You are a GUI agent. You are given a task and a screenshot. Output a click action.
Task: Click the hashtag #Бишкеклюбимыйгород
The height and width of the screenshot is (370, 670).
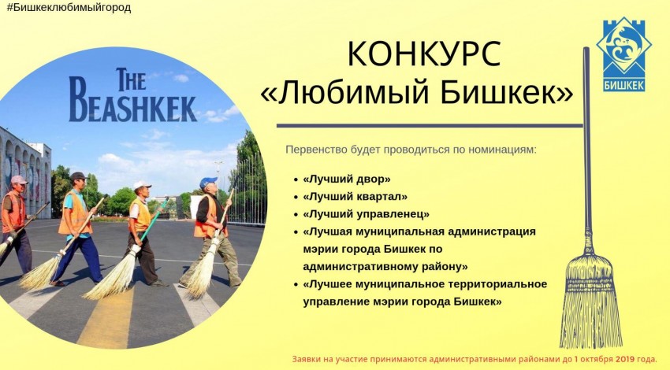tap(69, 8)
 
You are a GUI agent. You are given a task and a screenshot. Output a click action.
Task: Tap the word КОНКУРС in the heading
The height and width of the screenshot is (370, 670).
tap(424, 54)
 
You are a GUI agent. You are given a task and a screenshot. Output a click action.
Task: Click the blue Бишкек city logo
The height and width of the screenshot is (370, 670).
tap(623, 54)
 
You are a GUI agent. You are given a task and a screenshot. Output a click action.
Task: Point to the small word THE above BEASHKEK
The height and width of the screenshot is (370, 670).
tap(131, 80)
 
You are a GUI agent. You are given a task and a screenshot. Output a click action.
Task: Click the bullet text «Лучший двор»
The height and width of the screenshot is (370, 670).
tap(347, 179)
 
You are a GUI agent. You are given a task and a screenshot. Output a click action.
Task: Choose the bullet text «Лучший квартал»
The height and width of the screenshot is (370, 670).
tap(355, 197)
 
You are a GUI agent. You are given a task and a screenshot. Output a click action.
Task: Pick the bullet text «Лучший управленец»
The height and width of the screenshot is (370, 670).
tap(367, 214)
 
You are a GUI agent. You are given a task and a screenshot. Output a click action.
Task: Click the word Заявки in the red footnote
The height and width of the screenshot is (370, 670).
tap(303, 359)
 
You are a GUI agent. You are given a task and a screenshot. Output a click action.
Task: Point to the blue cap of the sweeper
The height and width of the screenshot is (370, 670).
tap(208, 182)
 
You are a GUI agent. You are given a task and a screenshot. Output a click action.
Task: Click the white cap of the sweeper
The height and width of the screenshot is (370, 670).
tap(141, 185)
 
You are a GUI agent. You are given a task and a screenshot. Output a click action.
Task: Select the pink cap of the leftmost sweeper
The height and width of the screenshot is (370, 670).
tap(19, 179)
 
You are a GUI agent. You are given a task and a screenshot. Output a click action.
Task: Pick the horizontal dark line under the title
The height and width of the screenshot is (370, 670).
tap(430, 126)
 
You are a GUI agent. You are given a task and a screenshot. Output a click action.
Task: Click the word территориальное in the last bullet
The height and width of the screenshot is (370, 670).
tap(497, 284)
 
